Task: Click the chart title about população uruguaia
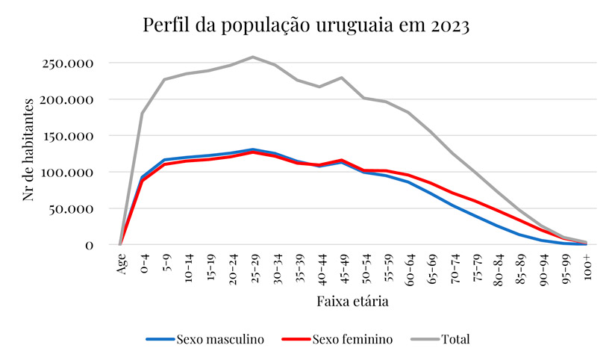[306, 26]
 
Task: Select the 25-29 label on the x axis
[254, 265]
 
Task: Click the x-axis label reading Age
[121, 263]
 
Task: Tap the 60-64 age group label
[409, 265]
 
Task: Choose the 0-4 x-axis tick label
[143, 263]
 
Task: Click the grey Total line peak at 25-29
[253, 57]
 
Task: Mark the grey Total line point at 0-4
[142, 114]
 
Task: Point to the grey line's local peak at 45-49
[342, 78]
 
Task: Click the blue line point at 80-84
[498, 226]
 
